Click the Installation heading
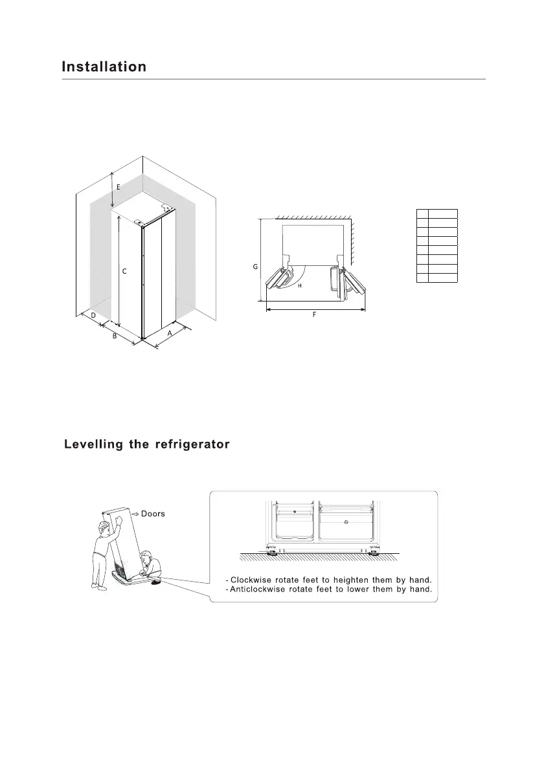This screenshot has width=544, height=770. coord(104,67)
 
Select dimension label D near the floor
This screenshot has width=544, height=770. coord(93,315)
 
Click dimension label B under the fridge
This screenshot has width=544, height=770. coord(114,336)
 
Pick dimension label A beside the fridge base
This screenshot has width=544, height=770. coord(170,332)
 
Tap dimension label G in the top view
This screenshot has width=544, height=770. coord(255,266)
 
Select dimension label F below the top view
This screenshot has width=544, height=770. coord(314,315)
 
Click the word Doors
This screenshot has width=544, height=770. coord(153,514)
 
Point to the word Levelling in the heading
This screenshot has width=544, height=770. coord(94,445)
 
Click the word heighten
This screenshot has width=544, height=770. coord(349,578)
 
